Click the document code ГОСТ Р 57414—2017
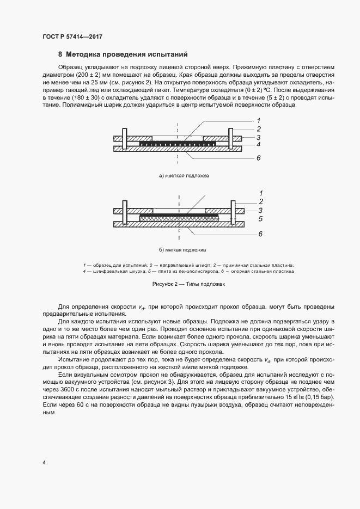(72, 36)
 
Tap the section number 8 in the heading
(60, 54)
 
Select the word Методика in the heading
(84, 54)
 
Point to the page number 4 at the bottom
(44, 462)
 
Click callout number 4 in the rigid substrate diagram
(259, 145)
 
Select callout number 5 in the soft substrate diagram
(261, 219)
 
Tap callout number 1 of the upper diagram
(259, 120)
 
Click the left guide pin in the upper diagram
(125, 139)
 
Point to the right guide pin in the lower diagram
(233, 213)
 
